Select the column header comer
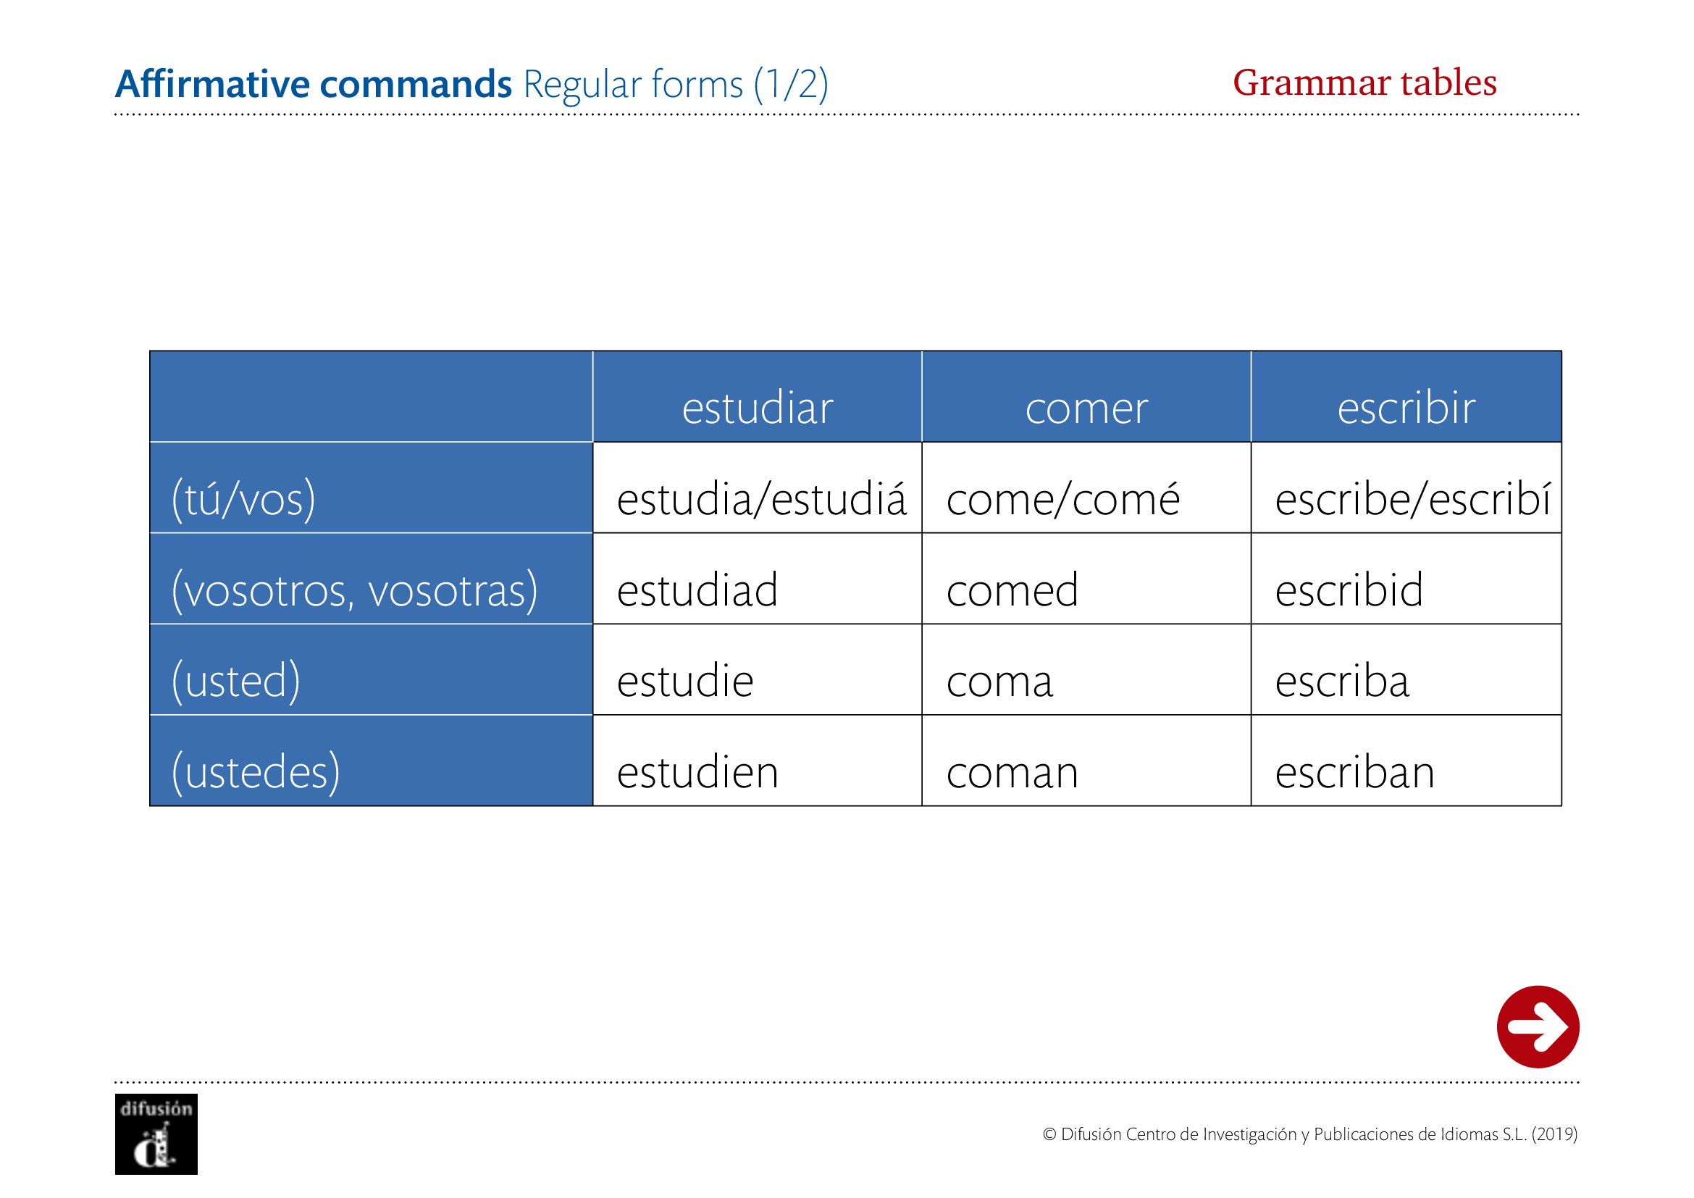click(1086, 409)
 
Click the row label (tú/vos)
click(243, 500)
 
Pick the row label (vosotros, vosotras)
click(354, 591)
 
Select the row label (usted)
click(236, 681)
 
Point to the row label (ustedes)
click(256, 772)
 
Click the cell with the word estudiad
click(697, 590)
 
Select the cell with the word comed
click(1012, 590)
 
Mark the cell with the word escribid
click(1349, 590)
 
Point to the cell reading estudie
click(684, 680)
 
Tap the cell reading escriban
click(1354, 771)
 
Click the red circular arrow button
click(1538, 1027)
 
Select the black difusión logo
click(156, 1134)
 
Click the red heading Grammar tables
click(1365, 83)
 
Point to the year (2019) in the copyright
click(1554, 1134)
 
